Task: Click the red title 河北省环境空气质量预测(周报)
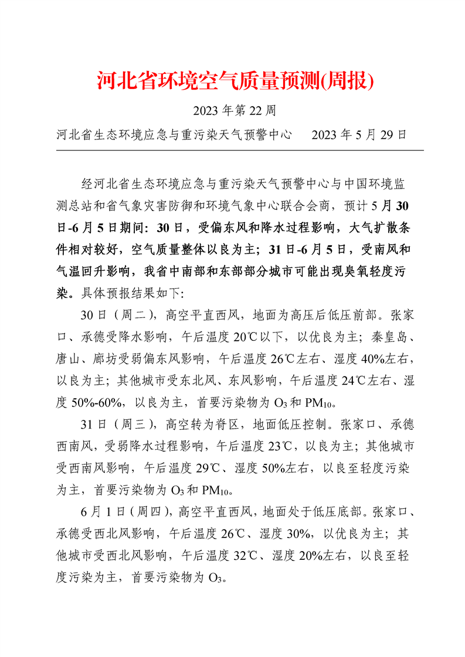pyautogui.click(x=235, y=81)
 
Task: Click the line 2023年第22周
pyautogui.click(x=234, y=109)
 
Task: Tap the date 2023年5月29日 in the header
pyautogui.click(x=359, y=135)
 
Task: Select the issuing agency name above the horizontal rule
pyautogui.click(x=175, y=135)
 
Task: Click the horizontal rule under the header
pyautogui.click(x=240, y=150)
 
